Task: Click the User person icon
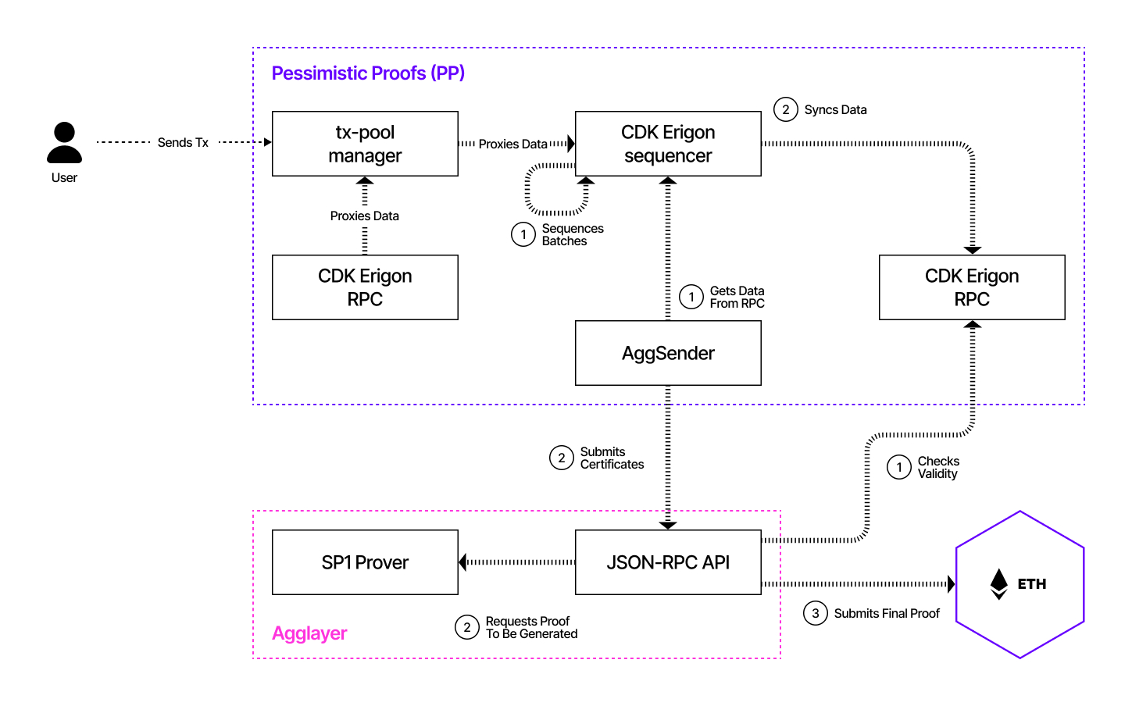(x=64, y=143)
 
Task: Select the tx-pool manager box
(x=365, y=144)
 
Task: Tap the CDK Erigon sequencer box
(x=668, y=144)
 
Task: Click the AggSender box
(x=668, y=353)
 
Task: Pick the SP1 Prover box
(x=365, y=562)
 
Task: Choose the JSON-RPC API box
(x=668, y=562)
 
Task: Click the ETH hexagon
(x=1020, y=584)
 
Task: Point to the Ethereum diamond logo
(x=998, y=583)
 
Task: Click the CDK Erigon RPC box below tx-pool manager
(x=365, y=287)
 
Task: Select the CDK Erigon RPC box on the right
(x=972, y=287)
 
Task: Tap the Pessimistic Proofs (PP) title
(x=368, y=73)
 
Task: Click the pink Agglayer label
(x=309, y=633)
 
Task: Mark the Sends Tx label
(x=183, y=142)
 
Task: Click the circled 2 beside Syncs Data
(x=786, y=109)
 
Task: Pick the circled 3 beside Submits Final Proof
(x=816, y=613)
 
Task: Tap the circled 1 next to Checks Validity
(x=899, y=467)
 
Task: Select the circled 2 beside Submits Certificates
(x=562, y=458)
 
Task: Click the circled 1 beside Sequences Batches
(x=523, y=234)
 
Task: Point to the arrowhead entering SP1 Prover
(x=463, y=562)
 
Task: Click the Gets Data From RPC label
(x=737, y=297)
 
